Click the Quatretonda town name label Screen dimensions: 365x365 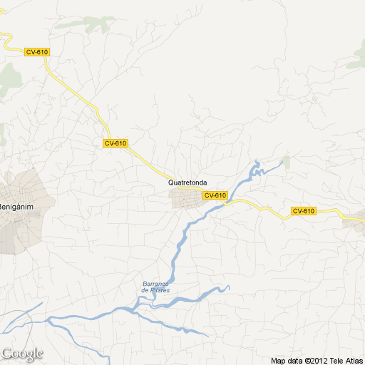[x=187, y=182]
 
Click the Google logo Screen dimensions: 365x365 [x=22, y=354]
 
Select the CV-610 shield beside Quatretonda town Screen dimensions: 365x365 [x=215, y=195]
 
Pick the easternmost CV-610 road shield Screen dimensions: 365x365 [x=303, y=211]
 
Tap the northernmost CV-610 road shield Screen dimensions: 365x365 [x=36, y=52]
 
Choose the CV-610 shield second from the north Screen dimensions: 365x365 [x=115, y=143]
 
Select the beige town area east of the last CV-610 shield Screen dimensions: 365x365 [x=354, y=222]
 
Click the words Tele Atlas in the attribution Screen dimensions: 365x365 [x=346, y=361]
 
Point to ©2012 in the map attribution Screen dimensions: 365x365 [x=315, y=361]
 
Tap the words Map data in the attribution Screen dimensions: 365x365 [x=287, y=361]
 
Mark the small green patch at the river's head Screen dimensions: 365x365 [x=287, y=162]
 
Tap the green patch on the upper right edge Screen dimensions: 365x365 [x=356, y=61]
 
